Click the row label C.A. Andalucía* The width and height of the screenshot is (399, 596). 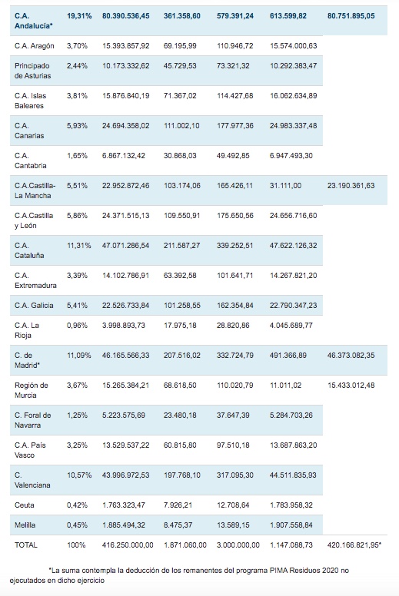[34, 21]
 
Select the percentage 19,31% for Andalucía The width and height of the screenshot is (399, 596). [79, 16]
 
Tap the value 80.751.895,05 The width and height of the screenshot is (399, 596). [351, 16]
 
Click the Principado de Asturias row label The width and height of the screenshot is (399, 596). [33, 71]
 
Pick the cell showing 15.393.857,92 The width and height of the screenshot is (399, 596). [125, 46]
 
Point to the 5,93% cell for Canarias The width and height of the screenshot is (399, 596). [77, 126]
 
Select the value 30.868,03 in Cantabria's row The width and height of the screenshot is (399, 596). [180, 156]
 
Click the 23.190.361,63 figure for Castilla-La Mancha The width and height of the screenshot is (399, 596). [351, 186]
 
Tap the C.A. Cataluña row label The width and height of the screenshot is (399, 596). [29, 250]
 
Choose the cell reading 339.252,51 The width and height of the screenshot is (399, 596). [235, 246]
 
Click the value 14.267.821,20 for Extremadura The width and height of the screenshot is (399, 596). [293, 276]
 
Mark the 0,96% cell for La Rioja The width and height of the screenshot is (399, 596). [77, 326]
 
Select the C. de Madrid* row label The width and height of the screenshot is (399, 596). [28, 360]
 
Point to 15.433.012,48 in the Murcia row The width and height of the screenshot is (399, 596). [351, 386]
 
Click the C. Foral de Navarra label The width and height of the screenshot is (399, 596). [33, 420]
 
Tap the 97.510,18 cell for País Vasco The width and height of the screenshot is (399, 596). [233, 445]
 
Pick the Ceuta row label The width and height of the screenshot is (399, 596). [25, 505]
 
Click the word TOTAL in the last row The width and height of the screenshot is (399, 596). [26, 545]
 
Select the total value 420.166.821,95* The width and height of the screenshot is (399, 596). [354, 545]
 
